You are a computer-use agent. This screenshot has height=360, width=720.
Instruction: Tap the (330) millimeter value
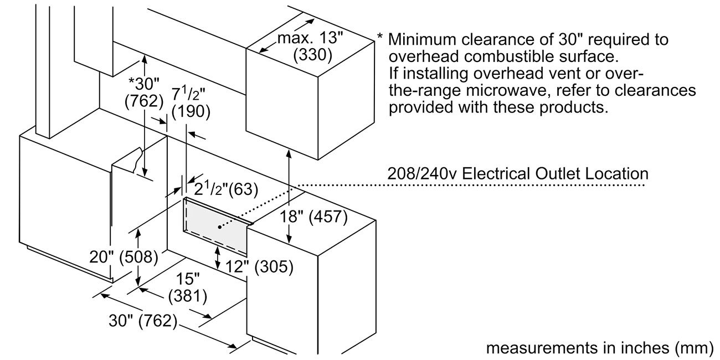pos(312,54)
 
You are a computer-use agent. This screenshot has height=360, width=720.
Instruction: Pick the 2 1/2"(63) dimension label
pos(224,189)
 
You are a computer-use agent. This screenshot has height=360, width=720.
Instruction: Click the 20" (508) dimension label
pos(124,256)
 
